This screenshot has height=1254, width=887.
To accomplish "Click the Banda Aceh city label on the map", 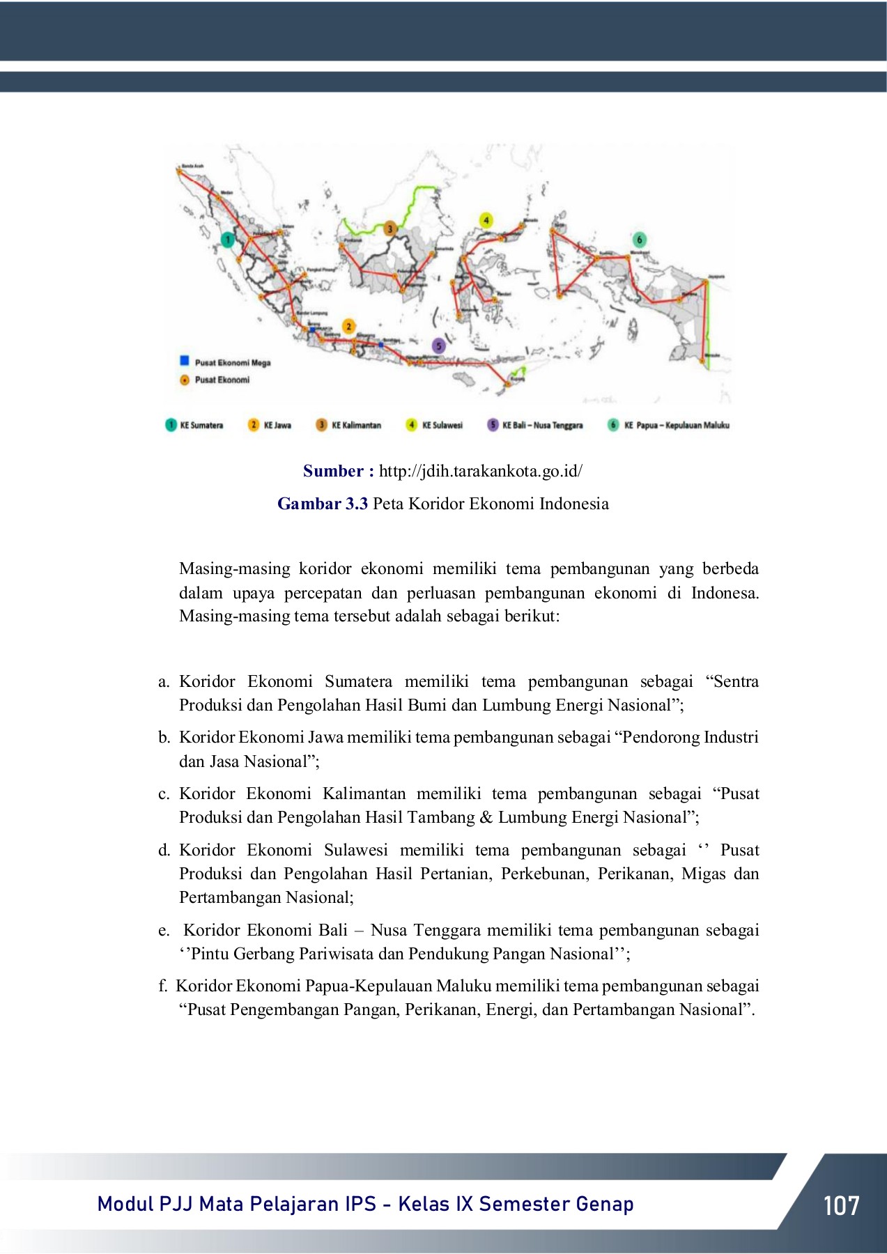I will (192, 166).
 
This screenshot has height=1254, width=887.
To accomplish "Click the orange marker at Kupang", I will (509, 384).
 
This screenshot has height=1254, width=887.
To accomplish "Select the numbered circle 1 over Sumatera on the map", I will (228, 240).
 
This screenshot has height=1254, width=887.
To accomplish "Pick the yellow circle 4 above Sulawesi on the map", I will (486, 220).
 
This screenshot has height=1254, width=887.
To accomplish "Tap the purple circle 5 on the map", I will (438, 346).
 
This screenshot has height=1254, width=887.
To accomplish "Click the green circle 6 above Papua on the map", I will (639, 240).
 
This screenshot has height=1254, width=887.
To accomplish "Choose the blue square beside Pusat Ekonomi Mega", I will (185, 361).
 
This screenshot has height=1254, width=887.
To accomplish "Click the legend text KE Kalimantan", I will (356, 425).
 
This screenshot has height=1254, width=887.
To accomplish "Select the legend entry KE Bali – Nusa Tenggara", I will (542, 425).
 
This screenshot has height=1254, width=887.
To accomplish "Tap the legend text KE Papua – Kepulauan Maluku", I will (676, 425).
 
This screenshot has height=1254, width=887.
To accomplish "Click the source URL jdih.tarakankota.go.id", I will (480, 471).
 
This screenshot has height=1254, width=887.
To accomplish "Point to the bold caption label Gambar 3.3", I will (322, 504).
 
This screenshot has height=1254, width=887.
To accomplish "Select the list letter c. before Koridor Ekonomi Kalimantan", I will (164, 794).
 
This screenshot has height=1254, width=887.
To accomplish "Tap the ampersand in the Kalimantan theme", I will (486, 818).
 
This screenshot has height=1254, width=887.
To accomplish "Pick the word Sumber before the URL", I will (334, 471).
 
